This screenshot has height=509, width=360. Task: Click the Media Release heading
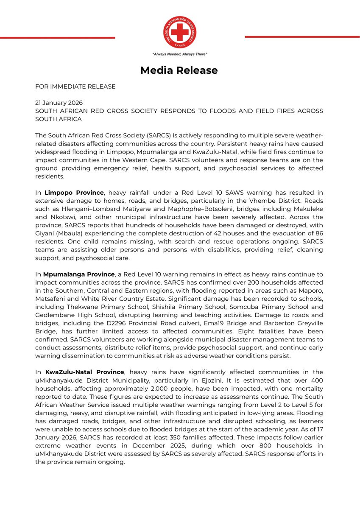click(179, 70)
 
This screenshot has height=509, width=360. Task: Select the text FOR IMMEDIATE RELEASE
click(75, 87)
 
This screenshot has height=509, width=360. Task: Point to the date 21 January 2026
click(59, 103)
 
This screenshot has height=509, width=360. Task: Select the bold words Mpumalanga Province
click(79, 274)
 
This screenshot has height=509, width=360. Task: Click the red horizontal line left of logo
click(57, 38)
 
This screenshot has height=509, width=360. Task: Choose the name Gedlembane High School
click(74, 315)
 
